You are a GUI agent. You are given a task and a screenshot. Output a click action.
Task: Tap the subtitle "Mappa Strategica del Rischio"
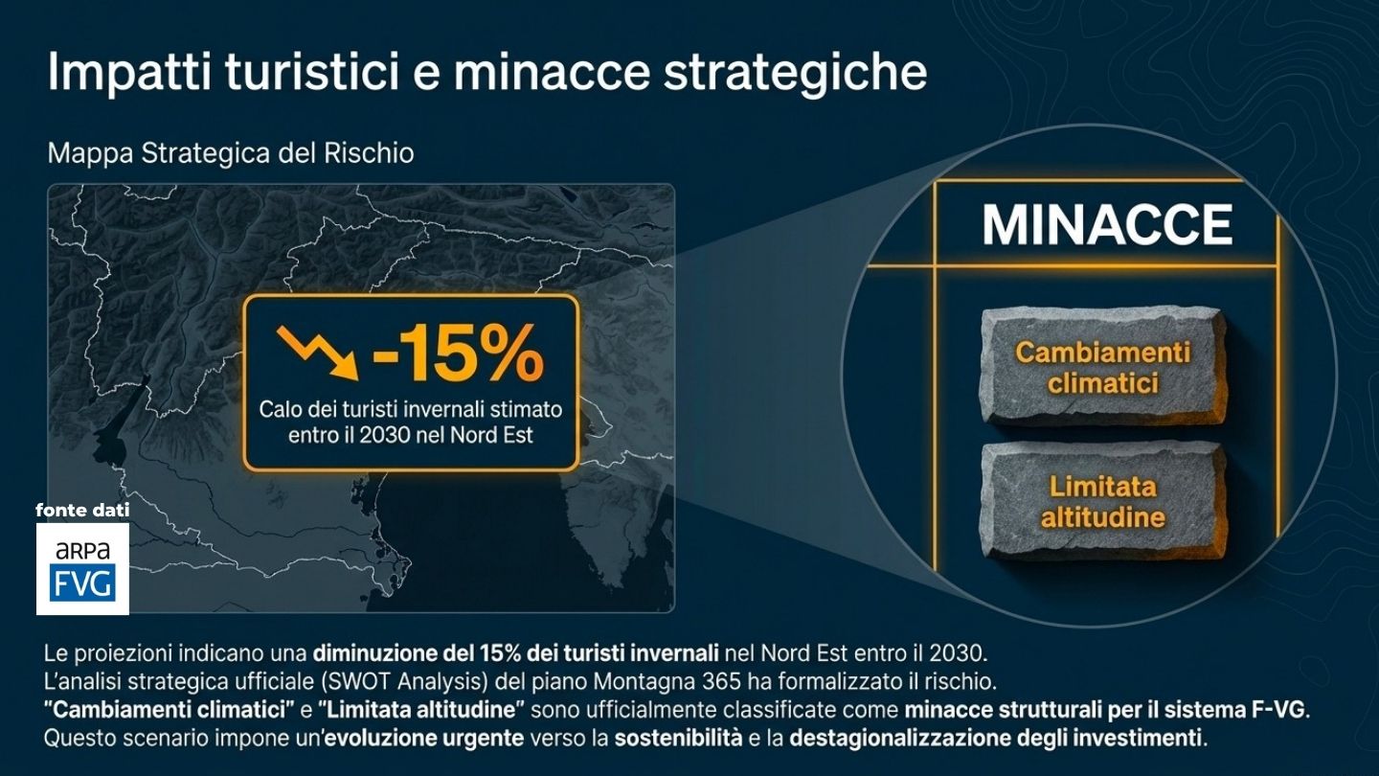pyautogui.click(x=230, y=153)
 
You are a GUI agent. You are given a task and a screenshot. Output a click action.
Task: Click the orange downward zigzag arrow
pyautogui.click(x=317, y=352)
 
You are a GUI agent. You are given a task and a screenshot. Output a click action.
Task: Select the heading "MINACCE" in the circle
pyautogui.click(x=1107, y=225)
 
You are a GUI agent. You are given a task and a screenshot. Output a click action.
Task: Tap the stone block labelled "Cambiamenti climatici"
pyautogui.click(x=1102, y=367)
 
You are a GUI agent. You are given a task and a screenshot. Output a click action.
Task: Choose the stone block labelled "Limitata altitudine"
pyautogui.click(x=1102, y=501)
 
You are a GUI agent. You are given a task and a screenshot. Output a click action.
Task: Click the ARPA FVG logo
pyautogui.click(x=82, y=568)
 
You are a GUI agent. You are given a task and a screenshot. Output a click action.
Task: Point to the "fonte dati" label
pyautogui.click(x=82, y=510)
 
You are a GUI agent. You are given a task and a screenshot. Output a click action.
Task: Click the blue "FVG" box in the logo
pyautogui.click(x=82, y=582)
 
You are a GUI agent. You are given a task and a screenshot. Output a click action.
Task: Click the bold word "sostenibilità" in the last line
pyautogui.click(x=678, y=738)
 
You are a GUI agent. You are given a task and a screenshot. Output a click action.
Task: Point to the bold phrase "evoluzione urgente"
pyautogui.click(x=423, y=738)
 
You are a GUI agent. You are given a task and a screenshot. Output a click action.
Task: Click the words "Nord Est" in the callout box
pyautogui.click(x=491, y=435)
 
